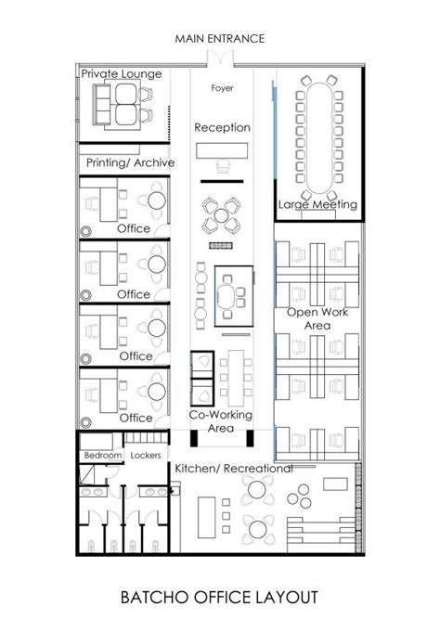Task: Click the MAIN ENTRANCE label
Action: tap(220, 39)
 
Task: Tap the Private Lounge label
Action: tap(122, 73)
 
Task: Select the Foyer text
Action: tap(222, 88)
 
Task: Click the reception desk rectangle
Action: tap(222, 150)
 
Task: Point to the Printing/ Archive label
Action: tap(130, 162)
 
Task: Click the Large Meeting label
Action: tap(317, 204)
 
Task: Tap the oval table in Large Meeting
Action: tap(319, 138)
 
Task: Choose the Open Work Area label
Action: tap(317, 318)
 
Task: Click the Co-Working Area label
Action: tap(221, 421)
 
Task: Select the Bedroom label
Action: tap(103, 455)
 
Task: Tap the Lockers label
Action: tap(146, 455)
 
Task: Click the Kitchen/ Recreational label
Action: tap(234, 469)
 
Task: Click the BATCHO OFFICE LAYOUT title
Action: tap(219, 598)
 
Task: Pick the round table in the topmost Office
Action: tap(157, 200)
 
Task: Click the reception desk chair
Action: tap(223, 166)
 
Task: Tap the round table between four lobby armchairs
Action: tap(221, 215)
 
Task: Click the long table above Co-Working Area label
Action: tap(236, 378)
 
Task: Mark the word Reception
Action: tap(222, 128)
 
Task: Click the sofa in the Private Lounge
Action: tap(101, 104)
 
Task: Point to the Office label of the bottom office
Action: tap(136, 418)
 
